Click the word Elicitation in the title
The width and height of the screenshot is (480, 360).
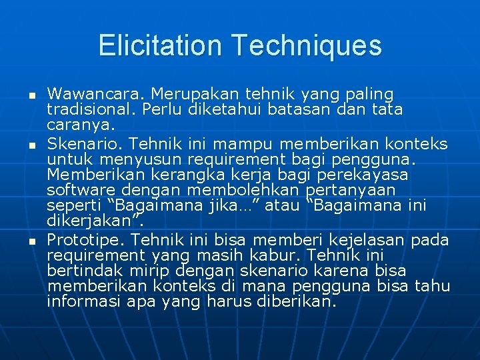[161, 46]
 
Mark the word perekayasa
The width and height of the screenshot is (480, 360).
[366, 174]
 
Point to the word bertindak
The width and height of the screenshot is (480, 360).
[81, 270]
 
